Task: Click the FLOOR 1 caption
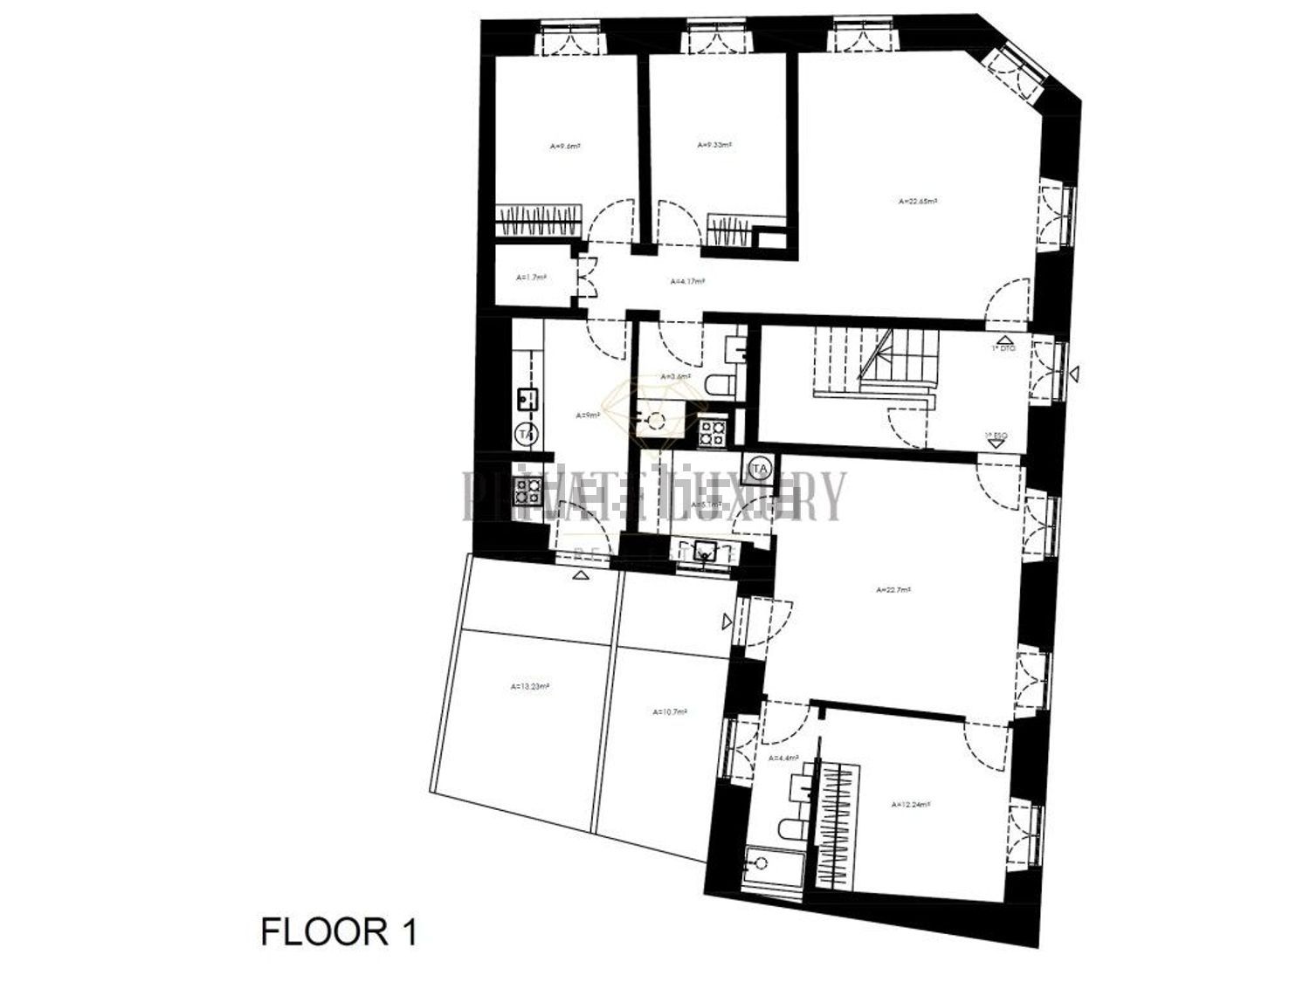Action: (339, 932)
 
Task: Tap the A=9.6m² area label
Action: (565, 147)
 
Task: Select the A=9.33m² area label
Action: (714, 145)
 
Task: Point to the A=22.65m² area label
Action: (917, 202)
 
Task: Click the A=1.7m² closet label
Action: (530, 278)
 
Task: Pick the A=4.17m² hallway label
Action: (687, 282)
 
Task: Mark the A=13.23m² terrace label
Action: (530, 686)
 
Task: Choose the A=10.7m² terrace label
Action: (670, 711)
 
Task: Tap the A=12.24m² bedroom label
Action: (909, 805)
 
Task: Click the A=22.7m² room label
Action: (893, 590)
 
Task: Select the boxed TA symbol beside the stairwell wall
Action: (759, 469)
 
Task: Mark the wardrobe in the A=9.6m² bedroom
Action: (539, 218)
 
